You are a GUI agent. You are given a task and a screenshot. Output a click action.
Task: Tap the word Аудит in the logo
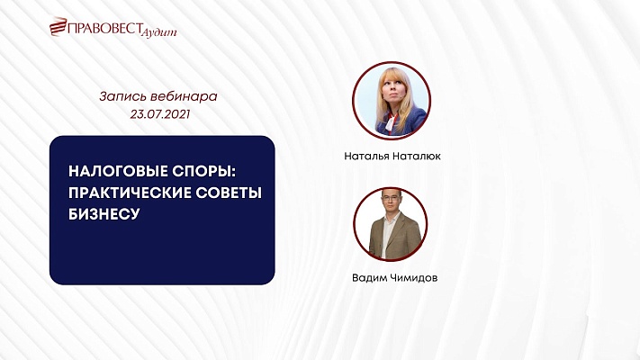[x=160, y=31]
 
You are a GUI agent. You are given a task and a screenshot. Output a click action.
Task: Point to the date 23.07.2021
[x=159, y=115]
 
